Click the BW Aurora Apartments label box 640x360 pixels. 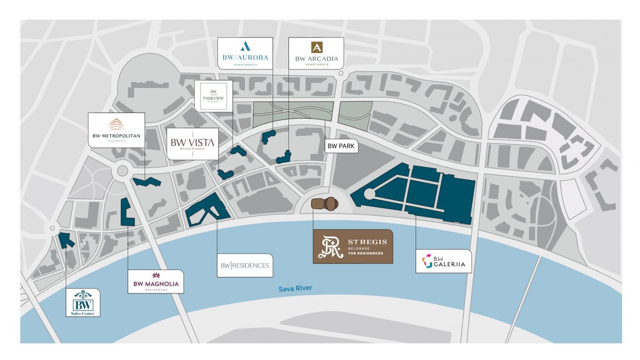pos(245,53)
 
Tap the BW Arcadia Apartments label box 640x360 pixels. pos(316,53)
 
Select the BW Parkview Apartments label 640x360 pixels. pos(213,95)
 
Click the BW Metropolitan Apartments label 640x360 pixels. pos(116,130)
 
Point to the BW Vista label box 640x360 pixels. pos(192,144)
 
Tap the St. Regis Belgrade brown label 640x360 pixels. pos(353,247)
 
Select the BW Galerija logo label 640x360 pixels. pos(444,261)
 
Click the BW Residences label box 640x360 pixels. pos(244,265)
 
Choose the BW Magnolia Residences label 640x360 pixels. pos(156,282)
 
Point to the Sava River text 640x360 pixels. pos(295,289)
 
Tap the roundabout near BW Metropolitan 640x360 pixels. pos(122,171)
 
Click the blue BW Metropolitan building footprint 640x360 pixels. pos(147,183)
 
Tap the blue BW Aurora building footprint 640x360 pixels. pos(268,136)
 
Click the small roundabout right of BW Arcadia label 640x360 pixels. pos(341,74)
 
